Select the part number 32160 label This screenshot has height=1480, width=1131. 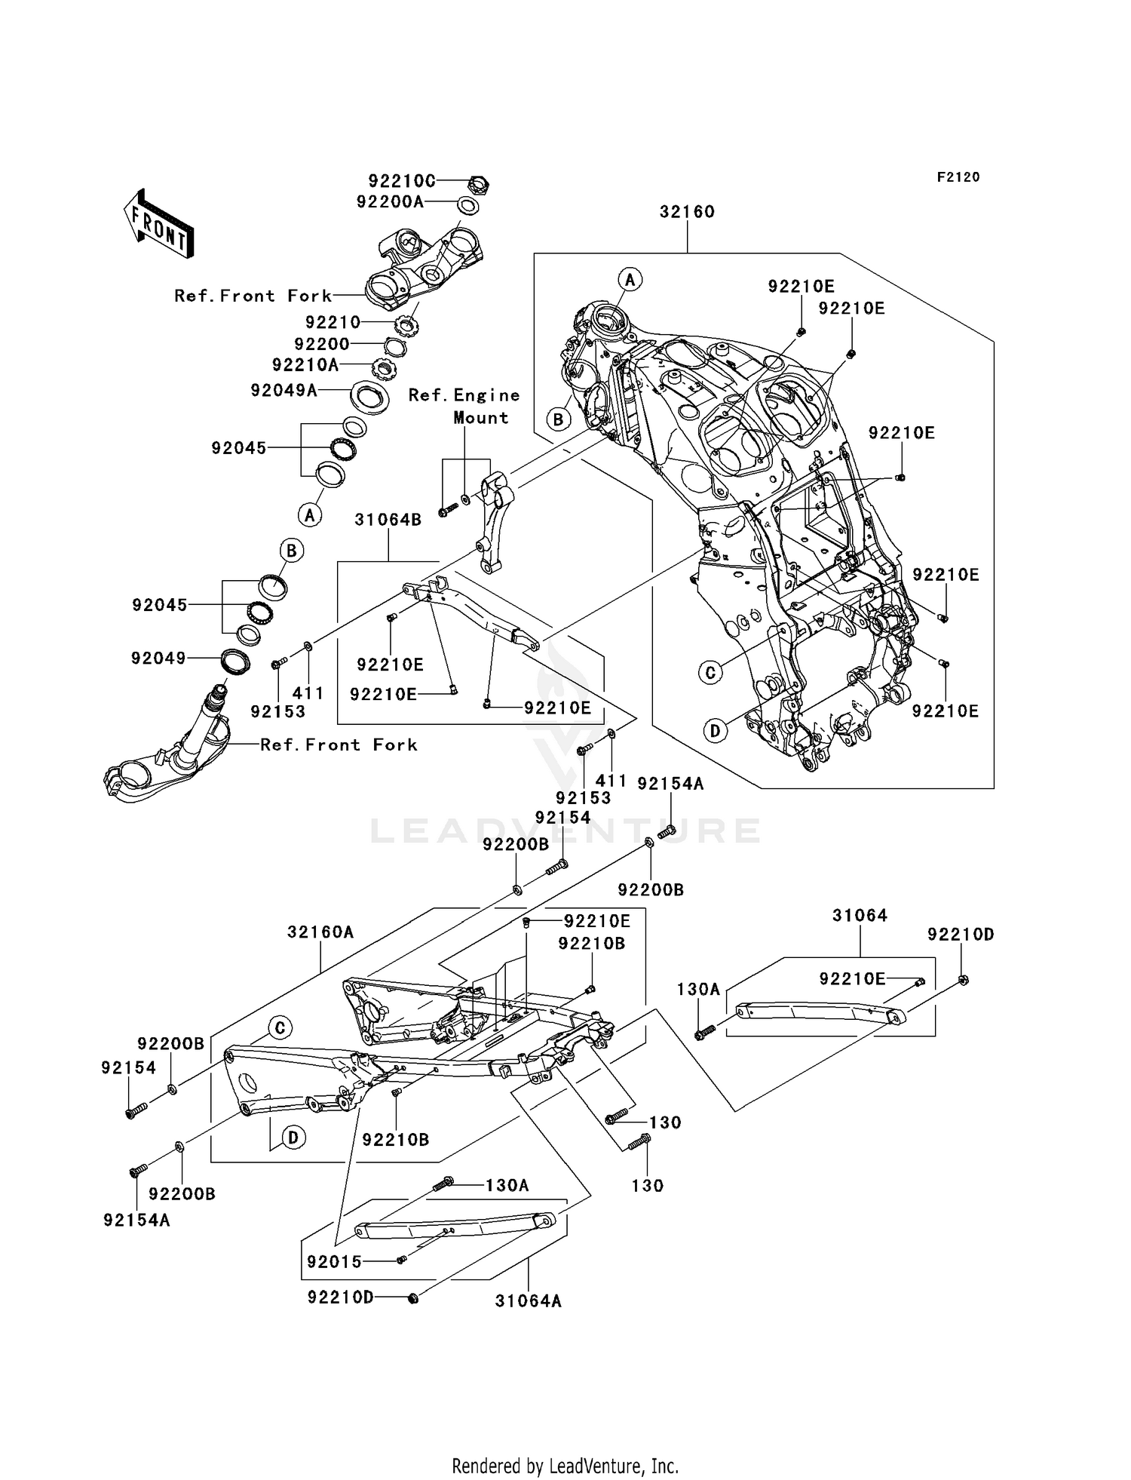[x=687, y=212]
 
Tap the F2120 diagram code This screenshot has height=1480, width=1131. [x=958, y=177]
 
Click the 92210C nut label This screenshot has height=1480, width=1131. [x=402, y=181]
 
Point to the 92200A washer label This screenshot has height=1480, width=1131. [x=390, y=202]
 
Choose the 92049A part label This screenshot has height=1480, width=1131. [x=284, y=390]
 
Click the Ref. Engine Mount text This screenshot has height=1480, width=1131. [x=464, y=407]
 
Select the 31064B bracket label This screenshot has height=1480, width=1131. [x=388, y=520]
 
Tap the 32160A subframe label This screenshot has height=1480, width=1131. [x=320, y=932]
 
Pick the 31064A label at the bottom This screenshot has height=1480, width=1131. [x=529, y=1301]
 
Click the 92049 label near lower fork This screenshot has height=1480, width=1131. [x=158, y=659]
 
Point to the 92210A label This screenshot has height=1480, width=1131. [x=305, y=365]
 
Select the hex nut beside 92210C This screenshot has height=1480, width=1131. [x=480, y=182]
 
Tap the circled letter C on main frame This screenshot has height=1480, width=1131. [x=710, y=671]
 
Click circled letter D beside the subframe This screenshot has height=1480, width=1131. [x=293, y=1138]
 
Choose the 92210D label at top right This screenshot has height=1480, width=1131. [x=961, y=935]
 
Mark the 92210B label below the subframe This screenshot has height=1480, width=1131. [x=396, y=1141]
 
